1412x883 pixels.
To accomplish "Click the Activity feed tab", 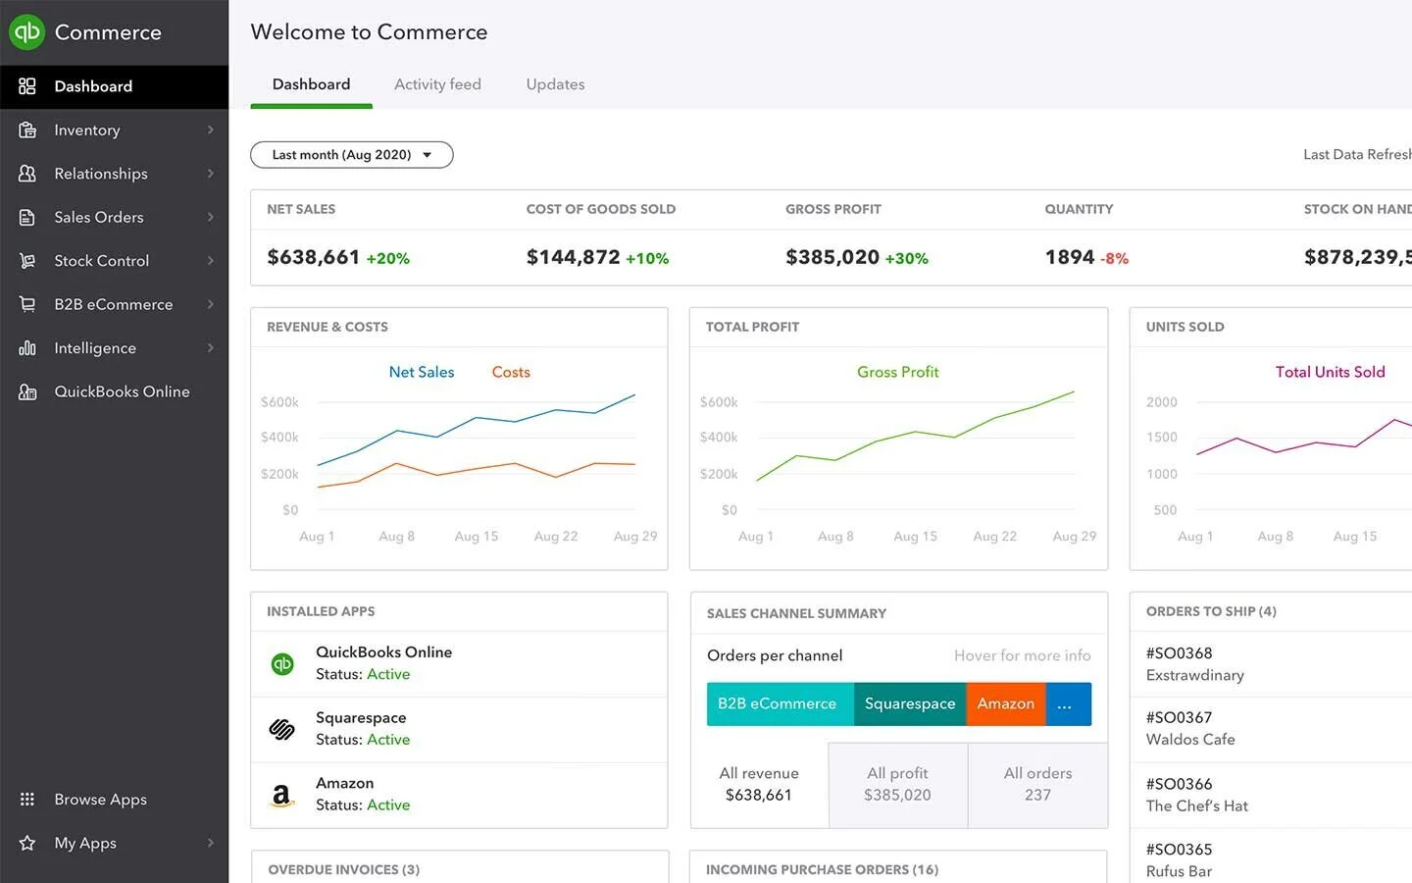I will pyautogui.click(x=437, y=84).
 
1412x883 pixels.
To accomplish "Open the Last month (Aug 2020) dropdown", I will pyautogui.click(x=351, y=155).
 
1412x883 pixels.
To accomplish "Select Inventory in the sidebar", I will pyautogui.click(x=87, y=130).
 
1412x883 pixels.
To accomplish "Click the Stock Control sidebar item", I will pyautogui.click(x=102, y=261).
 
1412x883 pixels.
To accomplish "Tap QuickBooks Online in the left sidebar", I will pyautogui.click(x=122, y=391).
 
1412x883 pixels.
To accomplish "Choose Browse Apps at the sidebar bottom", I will pyautogui.click(x=100, y=800).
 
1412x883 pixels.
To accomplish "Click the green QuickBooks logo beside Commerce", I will pyautogui.click(x=26, y=32).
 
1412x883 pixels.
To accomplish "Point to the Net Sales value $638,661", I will pyautogui.click(x=314, y=257).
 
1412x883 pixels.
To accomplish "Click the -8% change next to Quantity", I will pyautogui.click(x=1114, y=259).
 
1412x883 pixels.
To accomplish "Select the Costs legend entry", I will pyautogui.click(x=511, y=372).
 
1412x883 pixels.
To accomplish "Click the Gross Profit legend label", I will pyautogui.click(x=897, y=372).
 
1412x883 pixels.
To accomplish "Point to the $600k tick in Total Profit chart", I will pyautogui.click(x=719, y=402).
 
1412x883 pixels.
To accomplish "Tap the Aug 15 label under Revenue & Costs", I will pyautogui.click(x=477, y=537).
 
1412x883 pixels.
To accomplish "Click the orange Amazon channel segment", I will pyautogui.click(x=1005, y=703).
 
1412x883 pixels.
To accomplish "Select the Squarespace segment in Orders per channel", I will pyautogui.click(x=909, y=703).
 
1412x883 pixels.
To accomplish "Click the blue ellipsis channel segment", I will pyautogui.click(x=1067, y=703).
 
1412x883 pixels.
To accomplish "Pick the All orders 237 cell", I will pyautogui.click(x=1037, y=785).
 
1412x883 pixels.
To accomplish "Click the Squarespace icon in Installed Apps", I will pyautogui.click(x=282, y=729).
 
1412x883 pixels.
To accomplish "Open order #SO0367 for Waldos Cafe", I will pyautogui.click(x=1190, y=729).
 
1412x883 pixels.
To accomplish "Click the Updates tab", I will pyautogui.click(x=555, y=84).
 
